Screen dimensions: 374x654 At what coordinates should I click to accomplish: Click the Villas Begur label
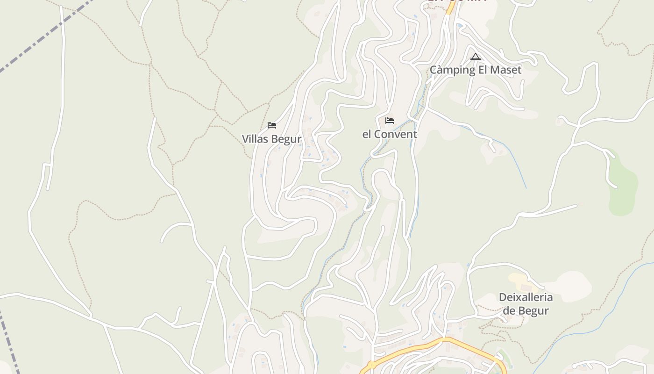click(x=271, y=139)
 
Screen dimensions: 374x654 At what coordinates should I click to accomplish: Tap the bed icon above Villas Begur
click(x=272, y=125)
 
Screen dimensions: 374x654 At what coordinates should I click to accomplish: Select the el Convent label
click(x=390, y=134)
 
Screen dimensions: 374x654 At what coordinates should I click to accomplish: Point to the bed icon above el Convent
click(x=390, y=121)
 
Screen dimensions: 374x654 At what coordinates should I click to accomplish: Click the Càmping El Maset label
click(x=475, y=70)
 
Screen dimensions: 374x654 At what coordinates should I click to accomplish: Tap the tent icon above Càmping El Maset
click(x=476, y=57)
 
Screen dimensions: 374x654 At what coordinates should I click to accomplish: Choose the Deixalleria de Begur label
click(x=526, y=304)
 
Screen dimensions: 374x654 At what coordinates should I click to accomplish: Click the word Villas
click(x=255, y=139)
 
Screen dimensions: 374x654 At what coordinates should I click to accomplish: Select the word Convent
click(x=398, y=134)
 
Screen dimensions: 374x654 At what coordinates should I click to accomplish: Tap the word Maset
click(x=505, y=70)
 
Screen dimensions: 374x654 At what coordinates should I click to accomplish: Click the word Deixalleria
click(x=526, y=297)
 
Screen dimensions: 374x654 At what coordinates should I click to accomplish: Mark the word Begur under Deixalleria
click(x=533, y=311)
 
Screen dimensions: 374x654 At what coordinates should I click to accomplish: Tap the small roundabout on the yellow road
click(x=372, y=364)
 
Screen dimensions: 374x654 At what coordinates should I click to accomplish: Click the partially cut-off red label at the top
click(x=457, y=1)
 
